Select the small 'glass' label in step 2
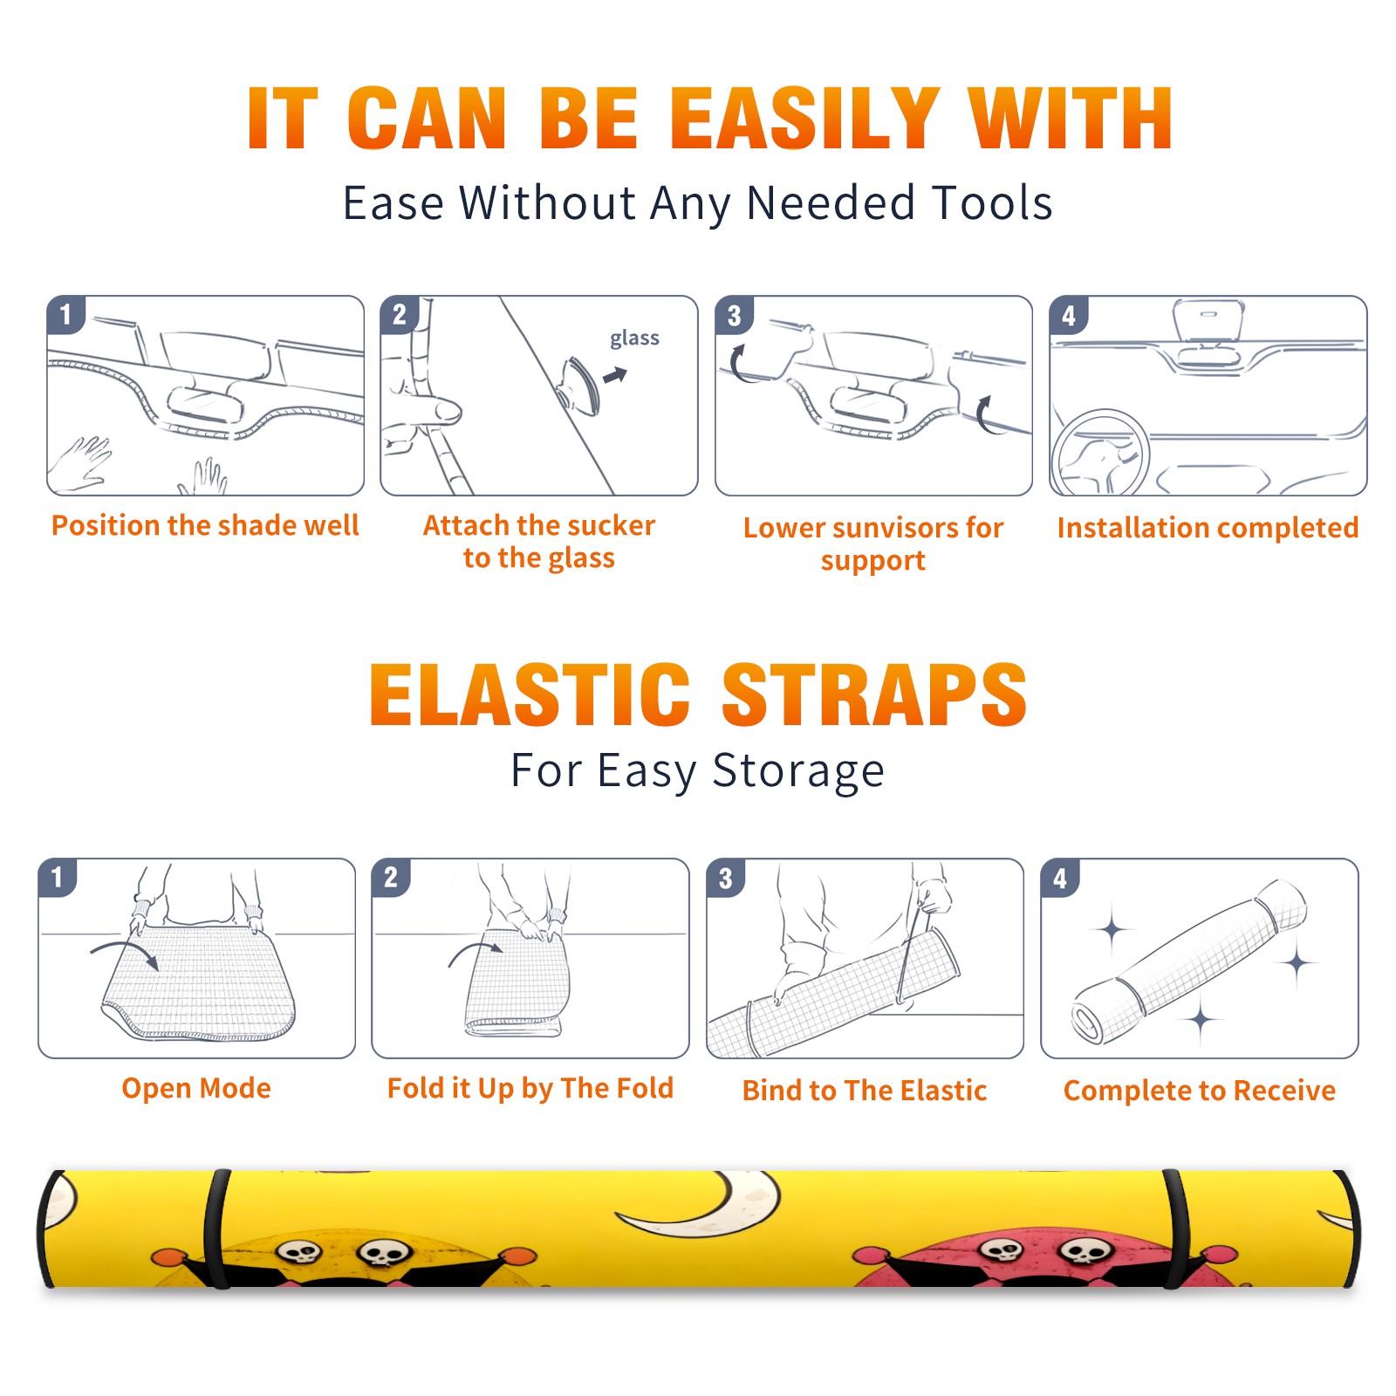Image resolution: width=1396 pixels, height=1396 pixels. [634, 339]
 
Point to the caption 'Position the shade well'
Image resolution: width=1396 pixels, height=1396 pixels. [205, 525]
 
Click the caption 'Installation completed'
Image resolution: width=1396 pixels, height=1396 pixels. [1208, 528]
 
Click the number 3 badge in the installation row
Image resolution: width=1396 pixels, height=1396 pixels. [734, 315]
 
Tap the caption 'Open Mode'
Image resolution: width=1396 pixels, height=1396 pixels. [196, 1088]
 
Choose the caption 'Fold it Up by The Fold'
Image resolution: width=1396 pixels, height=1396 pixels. [530, 1089]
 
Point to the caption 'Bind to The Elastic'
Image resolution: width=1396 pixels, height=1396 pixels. [865, 1091]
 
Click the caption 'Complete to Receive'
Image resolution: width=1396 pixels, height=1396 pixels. [1200, 1091]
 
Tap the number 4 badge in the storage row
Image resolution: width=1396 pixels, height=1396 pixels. [1060, 878]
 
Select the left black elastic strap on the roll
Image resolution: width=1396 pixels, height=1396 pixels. [216, 1228]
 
